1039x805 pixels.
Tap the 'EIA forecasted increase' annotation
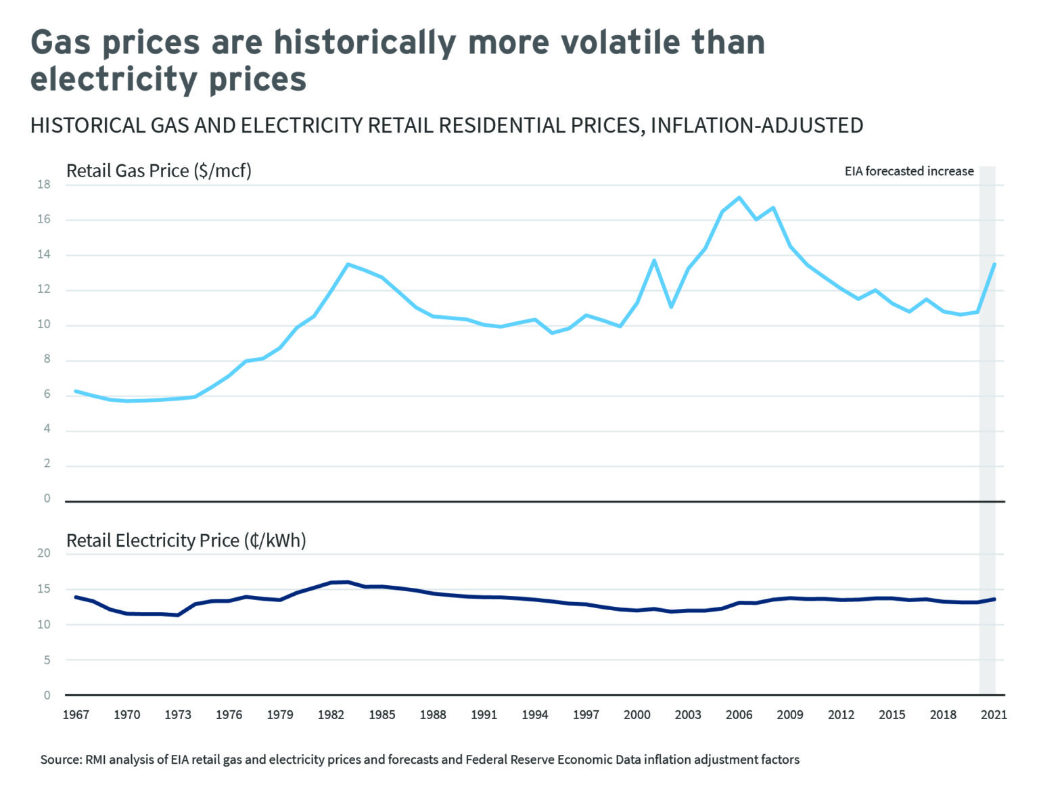(908, 171)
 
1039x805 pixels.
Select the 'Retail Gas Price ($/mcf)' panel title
(158, 170)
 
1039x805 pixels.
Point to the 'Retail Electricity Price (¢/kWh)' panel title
(186, 540)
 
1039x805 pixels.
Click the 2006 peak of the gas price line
(739, 198)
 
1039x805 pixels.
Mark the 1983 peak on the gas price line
(348, 264)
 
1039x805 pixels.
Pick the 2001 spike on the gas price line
(654, 260)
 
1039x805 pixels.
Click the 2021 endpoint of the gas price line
(994, 264)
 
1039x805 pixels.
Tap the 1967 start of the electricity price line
(76, 597)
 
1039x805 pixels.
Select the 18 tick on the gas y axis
(44, 185)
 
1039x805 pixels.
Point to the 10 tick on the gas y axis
(44, 325)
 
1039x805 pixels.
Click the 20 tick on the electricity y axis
(44, 553)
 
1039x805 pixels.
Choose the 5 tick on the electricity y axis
(47, 660)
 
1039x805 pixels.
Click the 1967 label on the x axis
(76, 715)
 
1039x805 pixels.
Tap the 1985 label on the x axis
(382, 715)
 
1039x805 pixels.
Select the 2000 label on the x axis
(637, 715)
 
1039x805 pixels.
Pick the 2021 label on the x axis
(994, 715)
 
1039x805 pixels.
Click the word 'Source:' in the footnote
(61, 760)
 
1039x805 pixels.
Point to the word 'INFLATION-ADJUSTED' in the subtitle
(756, 126)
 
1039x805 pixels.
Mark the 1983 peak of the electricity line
(348, 582)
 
